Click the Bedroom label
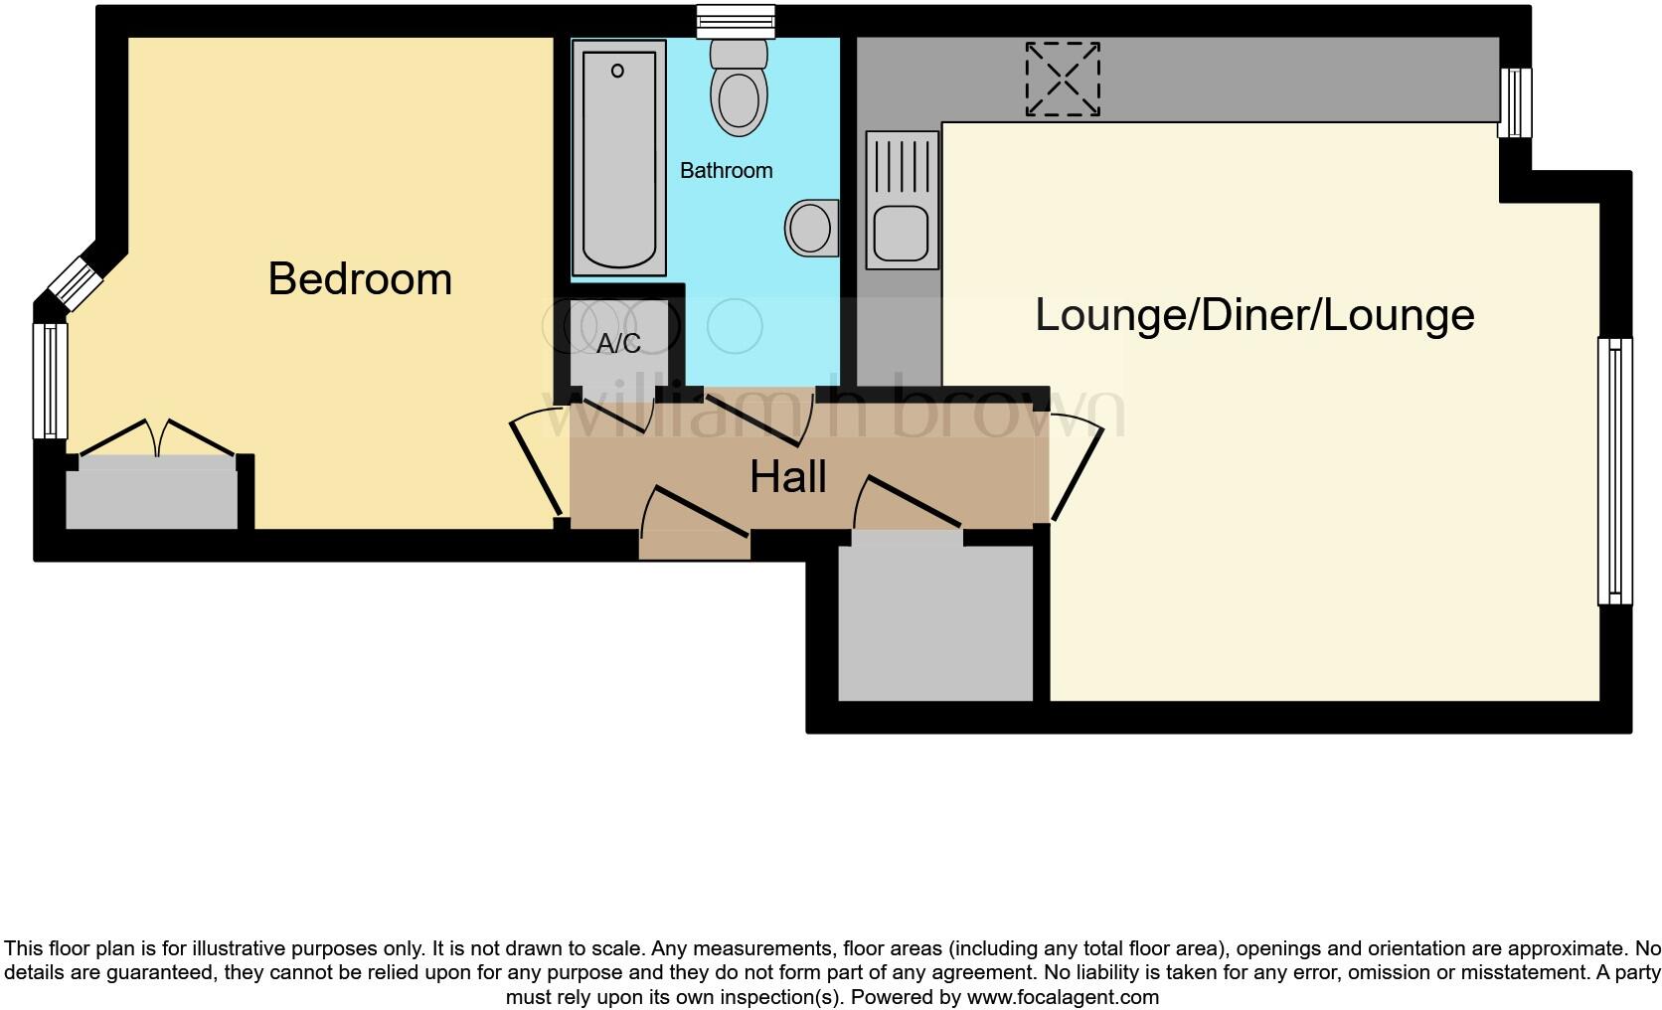pyautogui.click(x=360, y=279)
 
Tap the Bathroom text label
pyautogui.click(x=726, y=171)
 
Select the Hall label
pyautogui.click(x=787, y=477)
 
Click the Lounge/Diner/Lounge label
pyautogui.click(x=1254, y=315)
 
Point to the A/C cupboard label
pyautogui.click(x=618, y=344)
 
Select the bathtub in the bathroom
pyautogui.click(x=618, y=157)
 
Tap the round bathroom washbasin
pyautogui.click(x=810, y=228)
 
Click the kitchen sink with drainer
pyautogui.click(x=902, y=200)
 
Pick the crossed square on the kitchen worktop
pyautogui.click(x=1063, y=79)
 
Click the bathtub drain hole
pyautogui.click(x=617, y=71)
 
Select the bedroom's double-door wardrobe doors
pyautogui.click(x=156, y=439)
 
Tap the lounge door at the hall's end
pyautogui.click(x=1078, y=467)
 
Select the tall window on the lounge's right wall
pyautogui.click(x=1614, y=471)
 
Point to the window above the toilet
pyautogui.click(x=736, y=21)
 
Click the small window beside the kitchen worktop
pyautogui.click(x=1515, y=102)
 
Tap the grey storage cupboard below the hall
pyautogui.click(x=935, y=622)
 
